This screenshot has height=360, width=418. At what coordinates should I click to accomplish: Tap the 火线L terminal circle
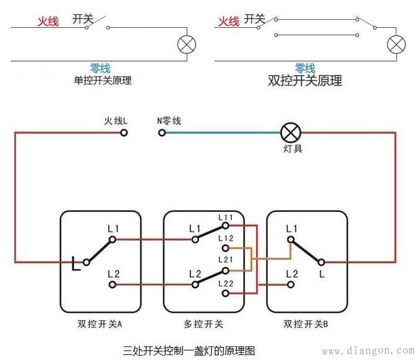click(x=124, y=132)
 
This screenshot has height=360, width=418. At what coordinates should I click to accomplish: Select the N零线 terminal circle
click(x=162, y=132)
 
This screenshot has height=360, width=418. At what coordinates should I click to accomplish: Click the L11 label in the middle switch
click(x=225, y=218)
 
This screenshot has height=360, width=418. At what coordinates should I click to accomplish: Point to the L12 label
click(x=225, y=239)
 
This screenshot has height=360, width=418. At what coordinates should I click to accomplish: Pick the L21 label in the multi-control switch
click(x=225, y=260)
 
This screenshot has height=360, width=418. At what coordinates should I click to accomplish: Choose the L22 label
click(x=225, y=283)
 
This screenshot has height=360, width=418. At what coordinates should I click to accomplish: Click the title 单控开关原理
click(x=103, y=80)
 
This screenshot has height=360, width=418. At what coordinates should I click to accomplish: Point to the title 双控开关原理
click(x=305, y=80)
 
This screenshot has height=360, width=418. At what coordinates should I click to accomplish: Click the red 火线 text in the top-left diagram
click(x=48, y=22)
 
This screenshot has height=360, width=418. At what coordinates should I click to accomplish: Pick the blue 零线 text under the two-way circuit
click(x=305, y=67)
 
